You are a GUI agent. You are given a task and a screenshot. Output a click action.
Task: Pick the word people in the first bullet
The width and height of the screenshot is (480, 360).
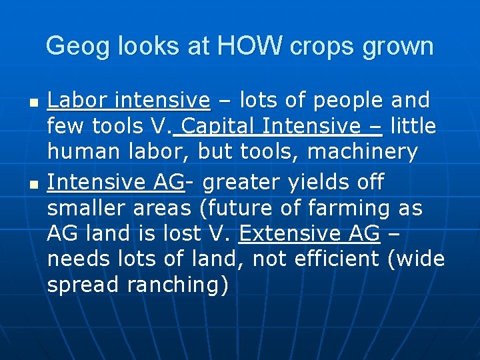(347, 101)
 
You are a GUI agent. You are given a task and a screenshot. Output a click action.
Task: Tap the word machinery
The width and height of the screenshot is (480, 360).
(363, 152)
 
